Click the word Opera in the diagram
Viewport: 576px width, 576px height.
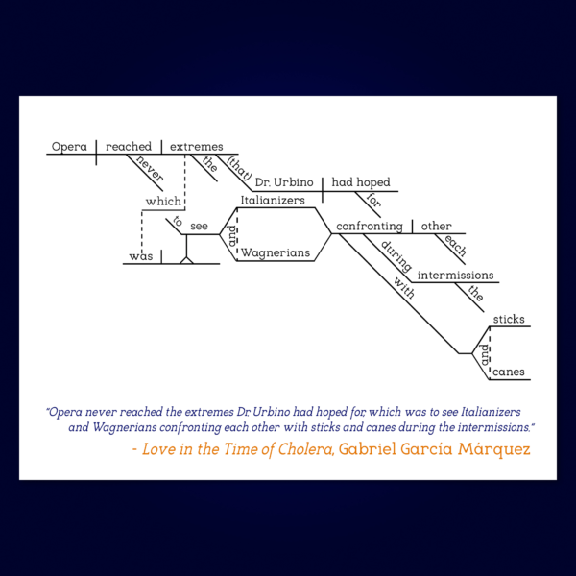[69, 147]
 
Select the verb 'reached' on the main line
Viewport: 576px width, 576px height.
[129, 147]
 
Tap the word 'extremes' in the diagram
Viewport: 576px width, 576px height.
[196, 147]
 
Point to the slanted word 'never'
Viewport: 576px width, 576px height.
[150, 168]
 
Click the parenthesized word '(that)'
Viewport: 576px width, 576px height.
[239, 168]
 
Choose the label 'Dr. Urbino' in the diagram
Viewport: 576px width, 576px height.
[284, 182]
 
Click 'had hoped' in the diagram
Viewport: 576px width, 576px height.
[361, 182]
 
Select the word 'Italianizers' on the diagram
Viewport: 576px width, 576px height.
[273, 201]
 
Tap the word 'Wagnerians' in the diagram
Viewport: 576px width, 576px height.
[276, 252]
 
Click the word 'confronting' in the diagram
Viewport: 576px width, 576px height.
[370, 227]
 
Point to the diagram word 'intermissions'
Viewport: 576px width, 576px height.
[455, 276]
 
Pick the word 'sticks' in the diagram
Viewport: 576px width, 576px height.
[509, 320]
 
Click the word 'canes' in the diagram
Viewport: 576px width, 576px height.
[509, 372]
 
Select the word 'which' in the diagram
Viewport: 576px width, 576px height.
[163, 202]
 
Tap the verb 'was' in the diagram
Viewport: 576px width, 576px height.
[141, 256]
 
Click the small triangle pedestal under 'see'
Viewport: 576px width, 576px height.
[186, 261]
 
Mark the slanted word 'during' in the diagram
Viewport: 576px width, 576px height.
[396, 256]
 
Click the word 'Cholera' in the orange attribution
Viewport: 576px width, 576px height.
[305, 449]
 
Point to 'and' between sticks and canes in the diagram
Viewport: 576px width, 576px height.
[485, 355]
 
